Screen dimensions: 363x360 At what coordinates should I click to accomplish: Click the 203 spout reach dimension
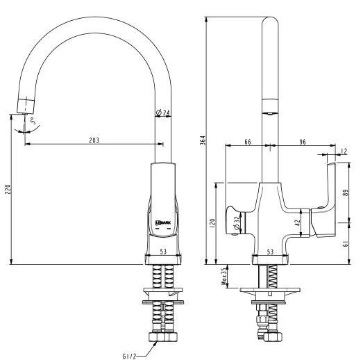pyautogui.click(x=94, y=140)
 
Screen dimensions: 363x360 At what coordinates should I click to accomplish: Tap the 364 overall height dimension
pyautogui.click(x=203, y=140)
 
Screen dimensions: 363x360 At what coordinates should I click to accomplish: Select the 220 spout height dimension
pyautogui.click(x=8, y=189)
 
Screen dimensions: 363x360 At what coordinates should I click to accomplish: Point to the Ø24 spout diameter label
pyautogui.click(x=163, y=113)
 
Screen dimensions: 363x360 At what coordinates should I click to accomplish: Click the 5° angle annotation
pyautogui.click(x=33, y=121)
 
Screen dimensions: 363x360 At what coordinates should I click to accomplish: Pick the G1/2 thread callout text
pyautogui.click(x=129, y=356)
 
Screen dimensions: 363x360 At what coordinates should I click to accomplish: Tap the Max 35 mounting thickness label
pyautogui.click(x=223, y=277)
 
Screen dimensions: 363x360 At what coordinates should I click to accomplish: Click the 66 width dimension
pyautogui.click(x=248, y=142)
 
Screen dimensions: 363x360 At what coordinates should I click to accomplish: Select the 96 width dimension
pyautogui.click(x=303, y=142)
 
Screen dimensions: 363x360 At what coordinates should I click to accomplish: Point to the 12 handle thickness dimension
pyautogui.click(x=344, y=151)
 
